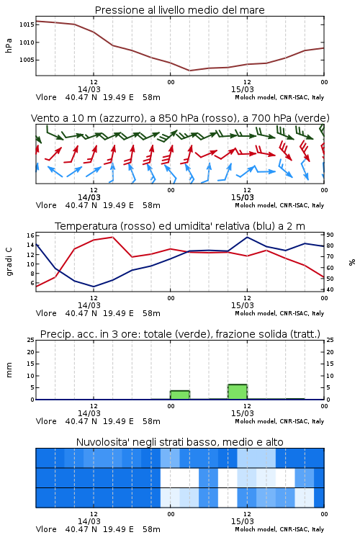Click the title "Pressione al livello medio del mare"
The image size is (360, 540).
(179, 10)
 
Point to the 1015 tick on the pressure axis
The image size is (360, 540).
(26, 24)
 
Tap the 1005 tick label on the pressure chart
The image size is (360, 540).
(26, 60)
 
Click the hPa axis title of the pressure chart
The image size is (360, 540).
(9, 45)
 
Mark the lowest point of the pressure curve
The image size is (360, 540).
(189, 71)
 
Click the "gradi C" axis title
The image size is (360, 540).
(9, 262)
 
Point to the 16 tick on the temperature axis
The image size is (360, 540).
(30, 235)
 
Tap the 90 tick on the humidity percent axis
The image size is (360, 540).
(330, 235)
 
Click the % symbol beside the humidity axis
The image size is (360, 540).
(352, 262)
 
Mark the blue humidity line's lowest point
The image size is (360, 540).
(94, 287)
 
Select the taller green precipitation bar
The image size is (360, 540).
(238, 392)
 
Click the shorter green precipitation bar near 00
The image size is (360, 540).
(180, 395)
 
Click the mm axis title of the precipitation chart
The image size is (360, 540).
(9, 370)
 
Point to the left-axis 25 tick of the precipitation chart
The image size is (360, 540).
(30, 341)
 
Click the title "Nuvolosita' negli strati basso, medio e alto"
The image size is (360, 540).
(179, 442)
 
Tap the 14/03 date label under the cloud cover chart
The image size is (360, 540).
(89, 521)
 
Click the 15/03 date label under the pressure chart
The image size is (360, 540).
(243, 89)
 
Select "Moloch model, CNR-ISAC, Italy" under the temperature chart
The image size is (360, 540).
(279, 313)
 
